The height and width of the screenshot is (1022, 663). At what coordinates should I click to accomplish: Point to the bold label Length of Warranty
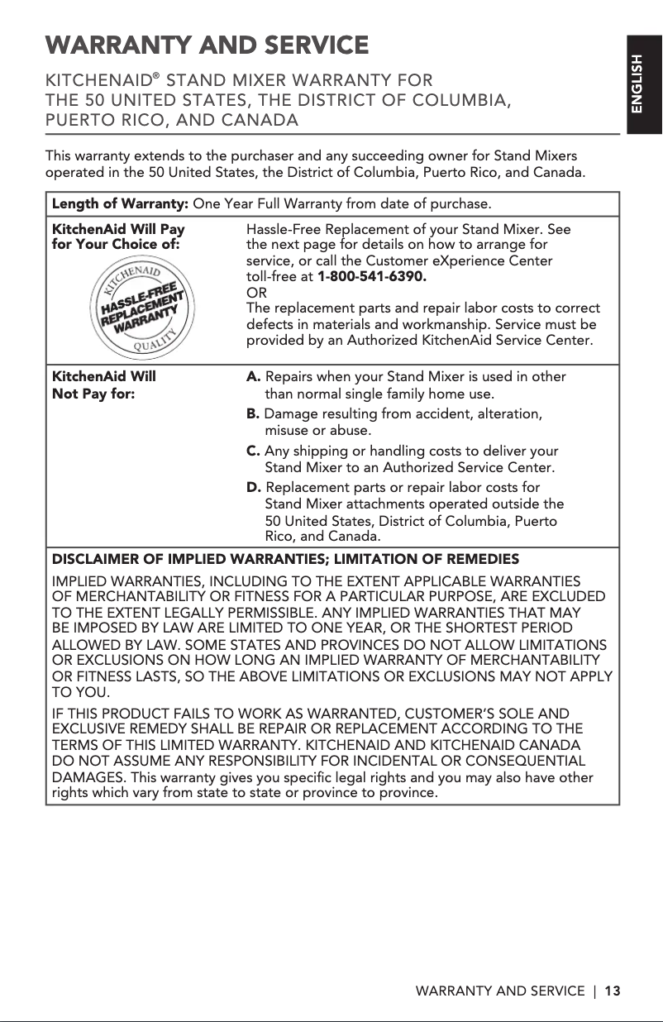[121, 203]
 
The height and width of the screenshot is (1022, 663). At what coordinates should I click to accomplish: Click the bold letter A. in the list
[255, 377]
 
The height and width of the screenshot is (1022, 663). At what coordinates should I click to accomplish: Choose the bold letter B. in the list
[254, 414]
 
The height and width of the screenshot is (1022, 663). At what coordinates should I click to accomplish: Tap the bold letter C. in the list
[255, 451]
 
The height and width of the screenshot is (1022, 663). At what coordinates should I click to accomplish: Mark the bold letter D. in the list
[255, 488]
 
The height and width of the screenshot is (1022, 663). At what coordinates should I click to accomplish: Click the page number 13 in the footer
[612, 991]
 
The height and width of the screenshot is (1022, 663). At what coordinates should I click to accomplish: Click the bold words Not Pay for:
[94, 394]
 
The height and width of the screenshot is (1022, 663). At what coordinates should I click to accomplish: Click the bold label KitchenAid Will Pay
[118, 228]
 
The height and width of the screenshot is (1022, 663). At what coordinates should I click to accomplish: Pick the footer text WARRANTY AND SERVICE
[499, 991]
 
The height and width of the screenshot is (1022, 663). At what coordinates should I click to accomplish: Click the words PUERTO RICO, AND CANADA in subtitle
[171, 121]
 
